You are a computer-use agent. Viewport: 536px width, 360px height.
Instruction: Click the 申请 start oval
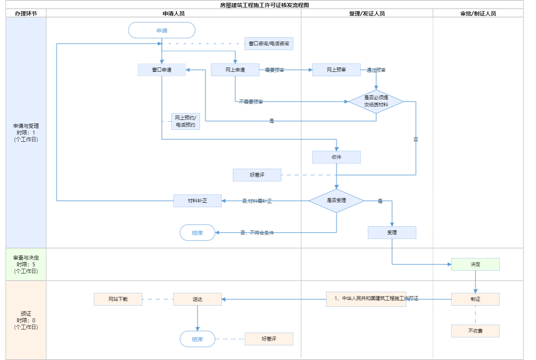pyautogui.click(x=162, y=30)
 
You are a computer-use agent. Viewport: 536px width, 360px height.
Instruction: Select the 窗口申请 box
pyautogui.click(x=162, y=70)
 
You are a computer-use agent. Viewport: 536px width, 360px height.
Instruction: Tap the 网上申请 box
pyautogui.click(x=235, y=70)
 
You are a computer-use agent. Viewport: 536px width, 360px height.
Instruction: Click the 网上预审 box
pyautogui.click(x=336, y=70)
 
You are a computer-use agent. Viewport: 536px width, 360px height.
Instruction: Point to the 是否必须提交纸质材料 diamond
pyautogui.click(x=376, y=101)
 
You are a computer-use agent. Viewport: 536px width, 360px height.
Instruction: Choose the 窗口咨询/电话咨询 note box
pyautogui.click(x=269, y=44)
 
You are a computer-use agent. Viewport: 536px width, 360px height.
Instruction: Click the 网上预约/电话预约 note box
pyautogui.click(x=185, y=121)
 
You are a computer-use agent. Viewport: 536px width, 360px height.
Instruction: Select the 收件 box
pyautogui.click(x=336, y=157)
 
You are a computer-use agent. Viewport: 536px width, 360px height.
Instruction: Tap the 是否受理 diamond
pyautogui.click(x=336, y=200)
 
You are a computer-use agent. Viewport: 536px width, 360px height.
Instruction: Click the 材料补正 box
pyautogui.click(x=197, y=201)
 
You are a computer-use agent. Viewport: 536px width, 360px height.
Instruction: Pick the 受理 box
pyautogui.click(x=392, y=233)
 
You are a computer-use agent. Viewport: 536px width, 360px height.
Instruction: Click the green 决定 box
pyautogui.click(x=475, y=264)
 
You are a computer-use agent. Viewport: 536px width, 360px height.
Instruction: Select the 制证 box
pyautogui.click(x=475, y=299)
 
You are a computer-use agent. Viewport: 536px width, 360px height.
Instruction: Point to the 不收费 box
pyautogui.click(x=475, y=331)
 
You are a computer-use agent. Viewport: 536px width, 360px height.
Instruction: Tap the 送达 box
pyautogui.click(x=197, y=299)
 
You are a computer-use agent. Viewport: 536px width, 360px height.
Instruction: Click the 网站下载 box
pyautogui.click(x=118, y=299)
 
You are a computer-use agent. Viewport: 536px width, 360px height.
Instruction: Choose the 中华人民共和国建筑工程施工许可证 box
pyautogui.click(x=366, y=299)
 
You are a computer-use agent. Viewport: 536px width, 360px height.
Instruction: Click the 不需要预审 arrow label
pyautogui.click(x=251, y=102)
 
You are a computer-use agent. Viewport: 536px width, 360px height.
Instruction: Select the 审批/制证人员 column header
pyautogui.click(x=478, y=13)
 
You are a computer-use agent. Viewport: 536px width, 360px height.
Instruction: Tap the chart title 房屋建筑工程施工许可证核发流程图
pyautogui.click(x=264, y=5)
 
